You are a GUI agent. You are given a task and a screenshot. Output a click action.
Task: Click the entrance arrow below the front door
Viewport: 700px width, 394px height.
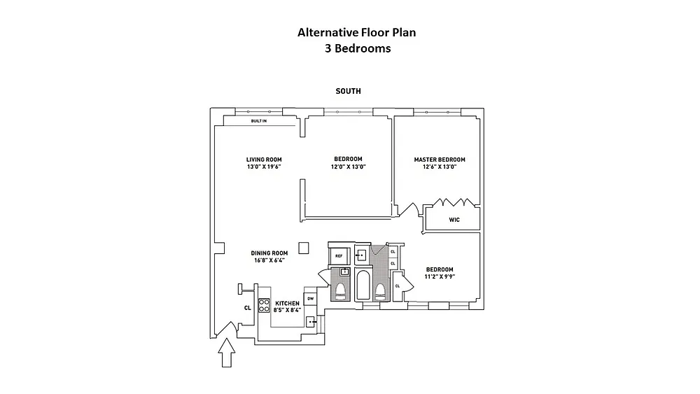(226, 353)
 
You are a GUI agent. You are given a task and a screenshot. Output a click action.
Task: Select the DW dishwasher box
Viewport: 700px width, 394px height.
(310, 299)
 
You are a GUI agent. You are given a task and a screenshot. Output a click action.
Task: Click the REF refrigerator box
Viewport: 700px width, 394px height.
(339, 256)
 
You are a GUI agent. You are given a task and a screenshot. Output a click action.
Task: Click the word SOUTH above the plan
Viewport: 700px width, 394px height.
(349, 92)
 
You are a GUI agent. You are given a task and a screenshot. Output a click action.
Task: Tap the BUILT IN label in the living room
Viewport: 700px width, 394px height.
(259, 122)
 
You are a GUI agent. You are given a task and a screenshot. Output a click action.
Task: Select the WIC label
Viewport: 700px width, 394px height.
(454, 219)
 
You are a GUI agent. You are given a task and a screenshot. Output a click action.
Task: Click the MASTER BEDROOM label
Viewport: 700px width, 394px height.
(440, 160)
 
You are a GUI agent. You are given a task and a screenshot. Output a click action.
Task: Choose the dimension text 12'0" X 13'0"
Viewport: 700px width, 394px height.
(348, 167)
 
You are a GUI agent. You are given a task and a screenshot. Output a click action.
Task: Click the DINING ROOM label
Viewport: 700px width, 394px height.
(269, 253)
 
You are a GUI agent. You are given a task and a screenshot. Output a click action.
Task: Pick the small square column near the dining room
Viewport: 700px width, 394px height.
(304, 248)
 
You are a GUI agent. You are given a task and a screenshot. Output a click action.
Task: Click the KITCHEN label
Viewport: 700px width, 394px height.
(287, 303)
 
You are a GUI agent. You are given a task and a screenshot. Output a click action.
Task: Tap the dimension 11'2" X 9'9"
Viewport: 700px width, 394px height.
(440, 276)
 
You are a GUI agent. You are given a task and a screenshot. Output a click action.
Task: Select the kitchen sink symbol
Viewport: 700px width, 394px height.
(311, 322)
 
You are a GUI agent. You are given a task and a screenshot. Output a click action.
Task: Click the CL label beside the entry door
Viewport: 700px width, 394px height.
(248, 307)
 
